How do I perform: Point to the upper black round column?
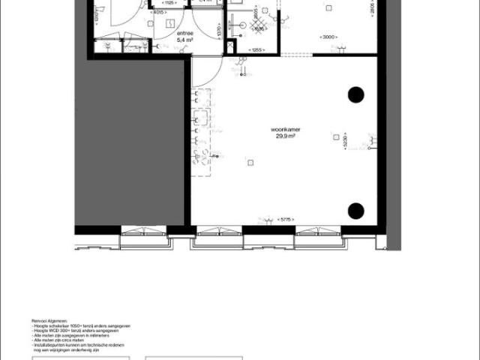coord(355,94)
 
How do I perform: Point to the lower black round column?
coord(355,209)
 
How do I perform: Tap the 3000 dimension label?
coord(328,37)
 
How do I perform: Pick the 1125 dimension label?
coord(169,3)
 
